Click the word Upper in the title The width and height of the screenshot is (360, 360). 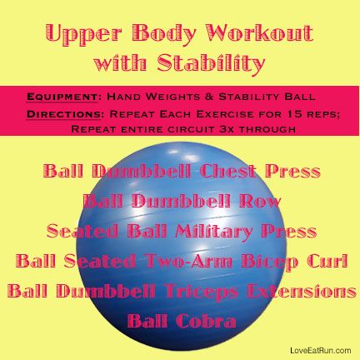click(83, 35)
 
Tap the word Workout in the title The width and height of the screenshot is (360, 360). click(259, 33)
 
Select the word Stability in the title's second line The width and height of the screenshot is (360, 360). click(211, 64)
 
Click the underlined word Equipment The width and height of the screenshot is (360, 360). click(62, 97)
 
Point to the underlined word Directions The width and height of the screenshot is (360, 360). click(63, 114)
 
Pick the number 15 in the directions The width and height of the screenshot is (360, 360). click(291, 114)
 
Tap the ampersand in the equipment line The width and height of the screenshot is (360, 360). click(209, 97)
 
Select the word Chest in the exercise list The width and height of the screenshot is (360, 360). click(228, 171)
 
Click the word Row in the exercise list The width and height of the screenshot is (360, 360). click(260, 201)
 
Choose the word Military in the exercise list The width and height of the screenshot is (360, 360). click(213, 232)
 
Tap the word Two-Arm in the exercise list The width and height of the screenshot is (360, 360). click(189, 261)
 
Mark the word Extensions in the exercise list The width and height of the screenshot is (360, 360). click(302, 291)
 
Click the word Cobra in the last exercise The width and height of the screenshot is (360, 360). click(206, 321)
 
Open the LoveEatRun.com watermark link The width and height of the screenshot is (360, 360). click(321, 351)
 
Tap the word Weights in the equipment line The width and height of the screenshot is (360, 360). click(173, 97)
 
